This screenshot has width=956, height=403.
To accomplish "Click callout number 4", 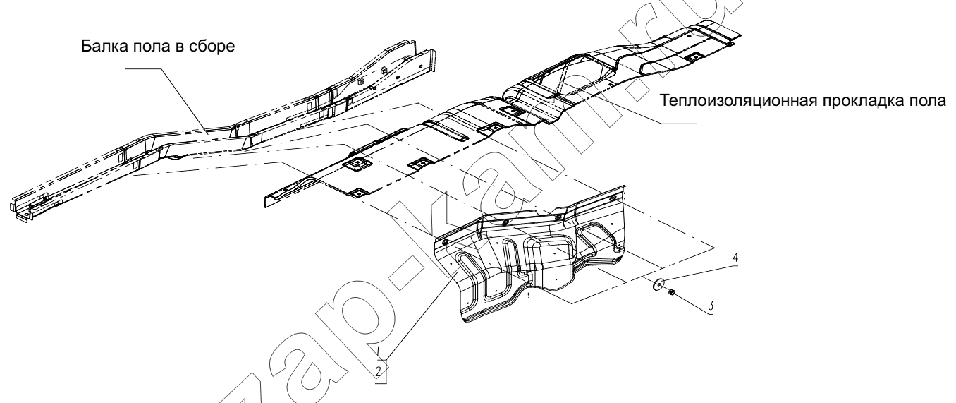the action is pos(735,258).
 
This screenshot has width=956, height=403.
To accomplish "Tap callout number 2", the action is pos(379,371).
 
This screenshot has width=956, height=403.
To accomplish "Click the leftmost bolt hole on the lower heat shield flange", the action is pos(445,242).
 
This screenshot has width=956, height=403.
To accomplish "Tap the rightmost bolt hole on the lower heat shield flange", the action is pos(613,198).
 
